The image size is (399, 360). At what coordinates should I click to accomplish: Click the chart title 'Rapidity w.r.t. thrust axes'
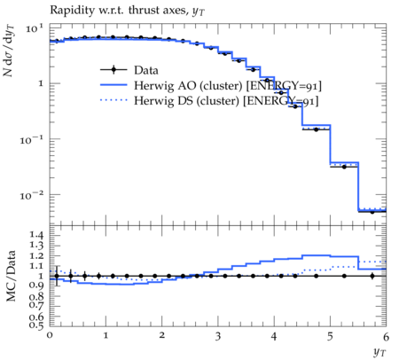click(x=119, y=10)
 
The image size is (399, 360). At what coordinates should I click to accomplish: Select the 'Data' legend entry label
click(x=146, y=70)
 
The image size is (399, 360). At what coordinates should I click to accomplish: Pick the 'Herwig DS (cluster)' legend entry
click(x=186, y=101)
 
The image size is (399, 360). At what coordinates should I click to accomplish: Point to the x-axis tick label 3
click(x=218, y=336)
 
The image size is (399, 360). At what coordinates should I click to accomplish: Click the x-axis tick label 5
click(x=330, y=336)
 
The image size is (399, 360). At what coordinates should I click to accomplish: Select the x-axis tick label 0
click(x=50, y=335)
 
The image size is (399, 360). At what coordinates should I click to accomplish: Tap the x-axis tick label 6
click(x=386, y=336)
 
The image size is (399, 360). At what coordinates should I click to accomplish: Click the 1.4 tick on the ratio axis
click(x=37, y=236)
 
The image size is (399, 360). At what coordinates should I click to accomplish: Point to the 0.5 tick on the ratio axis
click(x=37, y=325)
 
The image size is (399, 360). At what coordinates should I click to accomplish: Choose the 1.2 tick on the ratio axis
click(x=37, y=255)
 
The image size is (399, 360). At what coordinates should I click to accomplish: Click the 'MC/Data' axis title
click(x=11, y=276)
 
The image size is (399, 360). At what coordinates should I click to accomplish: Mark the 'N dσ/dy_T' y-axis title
click(x=9, y=51)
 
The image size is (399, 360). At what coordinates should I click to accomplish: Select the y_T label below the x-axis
click(x=379, y=352)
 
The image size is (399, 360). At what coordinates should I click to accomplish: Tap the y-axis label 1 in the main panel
click(x=41, y=83)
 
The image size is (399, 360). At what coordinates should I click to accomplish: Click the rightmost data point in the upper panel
click(x=372, y=212)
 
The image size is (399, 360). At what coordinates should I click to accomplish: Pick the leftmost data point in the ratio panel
click(x=57, y=276)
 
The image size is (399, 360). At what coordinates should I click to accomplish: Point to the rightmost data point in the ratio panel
click(x=372, y=276)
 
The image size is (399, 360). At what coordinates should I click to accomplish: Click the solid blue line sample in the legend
click(x=113, y=85)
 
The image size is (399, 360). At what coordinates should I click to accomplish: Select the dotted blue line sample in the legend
click(x=113, y=100)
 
